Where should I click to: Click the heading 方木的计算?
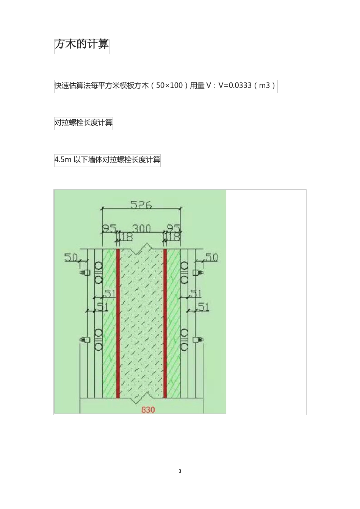[x=81, y=44]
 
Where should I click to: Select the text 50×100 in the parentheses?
[x=169, y=86]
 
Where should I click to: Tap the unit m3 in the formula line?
[x=265, y=86]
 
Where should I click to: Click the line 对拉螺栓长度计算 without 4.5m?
[x=83, y=123]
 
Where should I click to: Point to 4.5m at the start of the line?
[x=63, y=160]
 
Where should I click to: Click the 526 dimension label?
[x=141, y=205]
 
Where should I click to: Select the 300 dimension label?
[x=141, y=228]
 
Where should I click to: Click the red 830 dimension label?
[x=148, y=409]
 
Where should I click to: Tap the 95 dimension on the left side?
[x=109, y=228]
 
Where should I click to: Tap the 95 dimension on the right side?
[x=174, y=228]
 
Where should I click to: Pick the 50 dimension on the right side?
[x=211, y=258]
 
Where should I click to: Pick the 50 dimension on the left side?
[x=71, y=258]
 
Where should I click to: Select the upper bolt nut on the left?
[x=85, y=272]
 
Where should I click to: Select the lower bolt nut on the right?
[x=197, y=340]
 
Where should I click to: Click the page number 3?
[x=180, y=471]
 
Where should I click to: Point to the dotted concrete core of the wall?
[x=141, y=322]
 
